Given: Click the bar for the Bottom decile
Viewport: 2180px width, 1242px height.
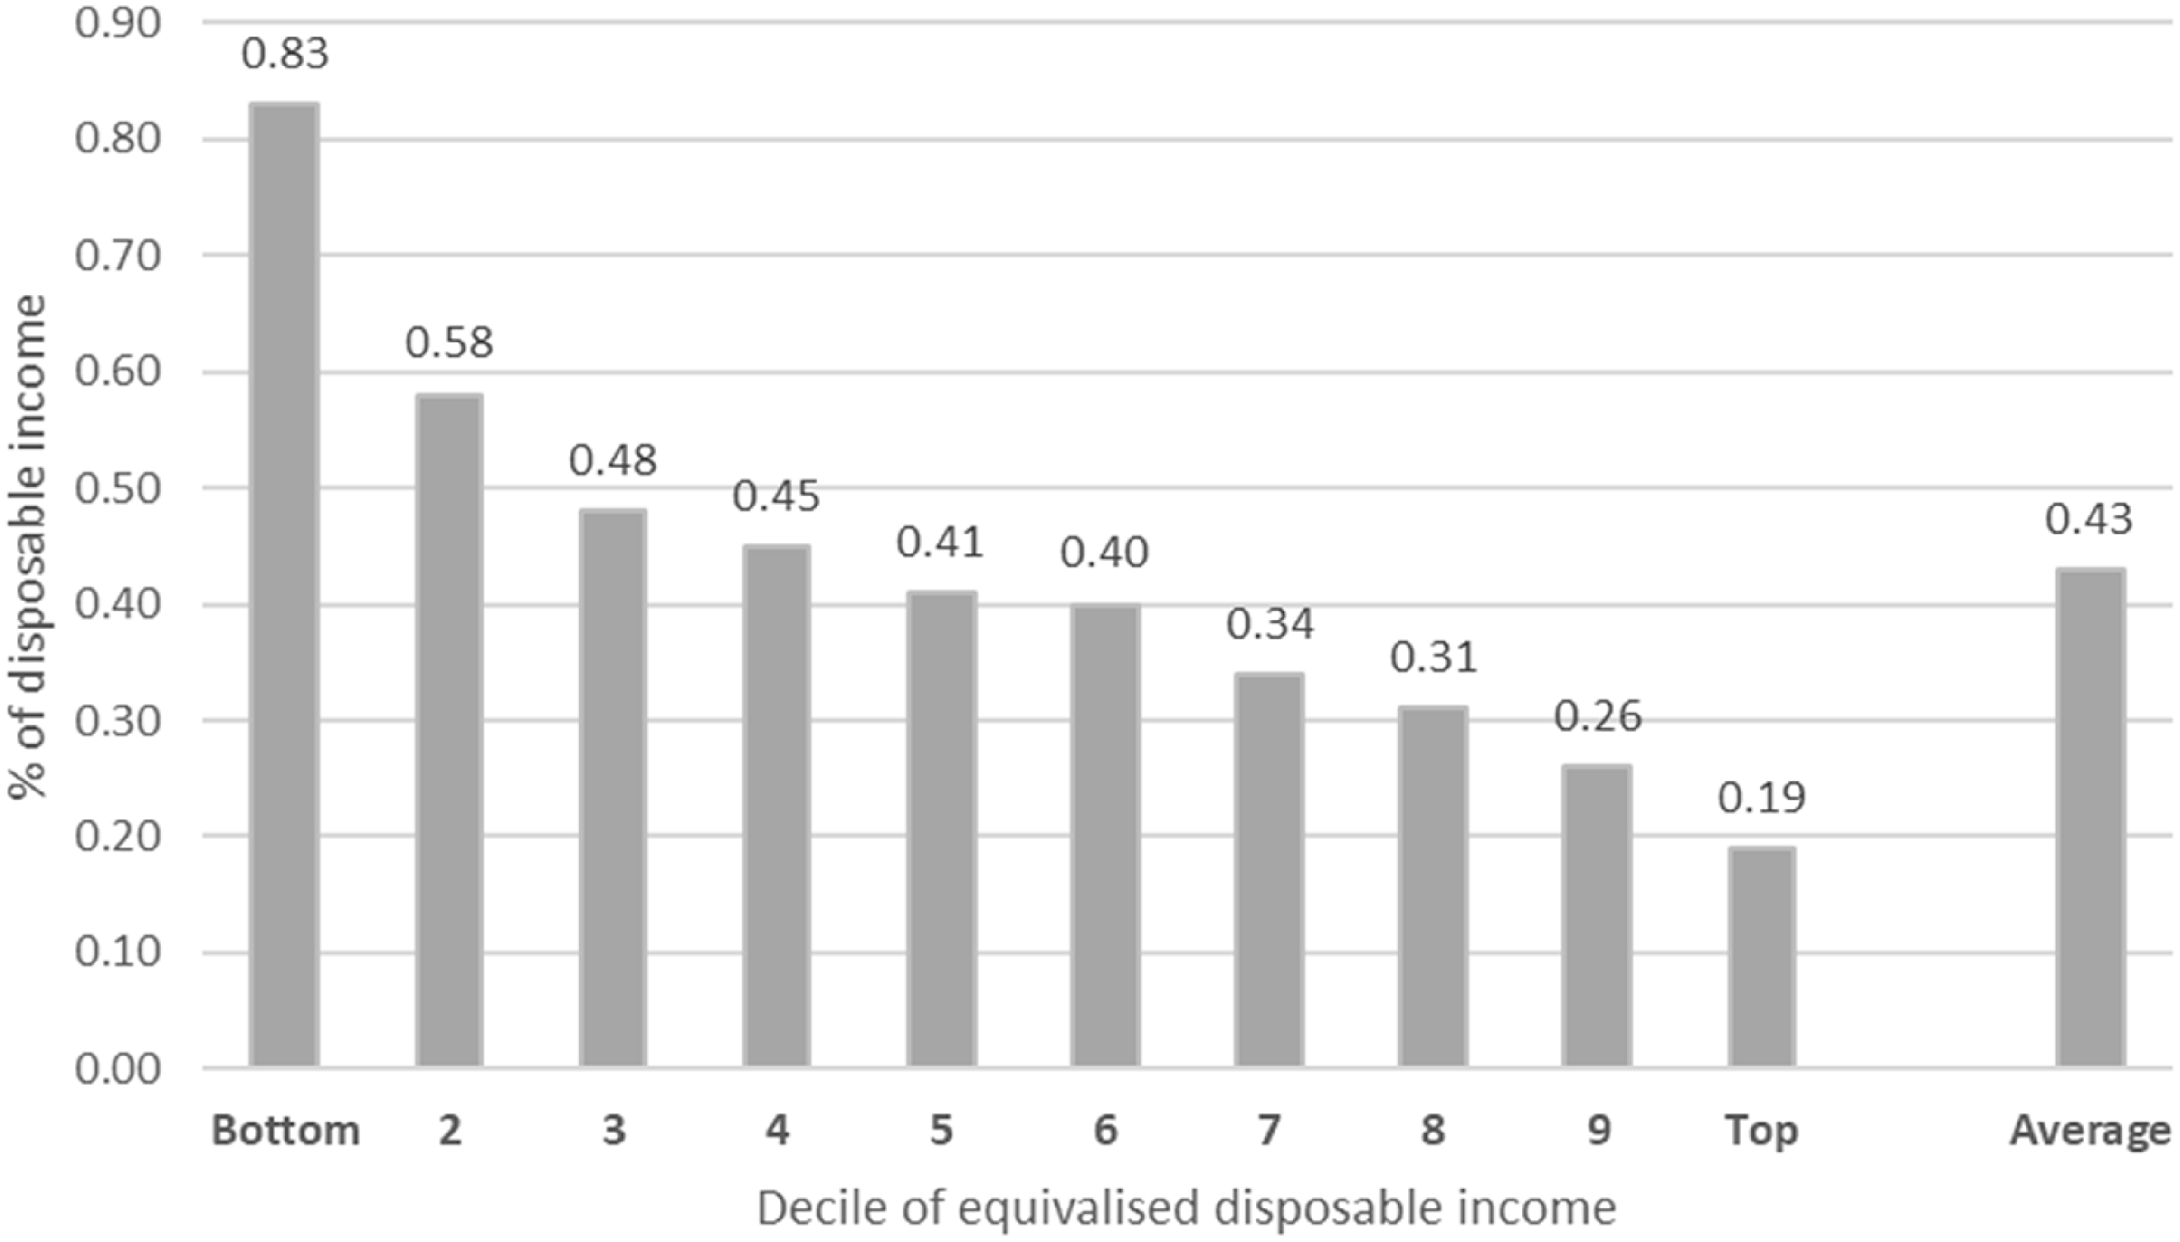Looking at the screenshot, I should coord(285,585).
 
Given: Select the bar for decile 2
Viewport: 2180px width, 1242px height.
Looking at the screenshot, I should coord(449,730).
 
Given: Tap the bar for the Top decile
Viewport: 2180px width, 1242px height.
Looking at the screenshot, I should coord(1762,956).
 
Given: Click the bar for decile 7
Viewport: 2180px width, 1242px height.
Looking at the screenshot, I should coord(1269,869).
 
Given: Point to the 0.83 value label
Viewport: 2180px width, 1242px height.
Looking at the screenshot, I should coord(285,54).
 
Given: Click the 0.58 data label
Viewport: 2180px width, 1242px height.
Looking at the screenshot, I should coord(449,343).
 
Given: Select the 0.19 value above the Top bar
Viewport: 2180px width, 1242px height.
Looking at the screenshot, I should coord(1762,798).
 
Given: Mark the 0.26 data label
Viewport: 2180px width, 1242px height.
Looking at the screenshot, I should coord(1597,717).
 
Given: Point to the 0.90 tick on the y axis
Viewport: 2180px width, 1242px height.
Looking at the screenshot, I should coord(117,23).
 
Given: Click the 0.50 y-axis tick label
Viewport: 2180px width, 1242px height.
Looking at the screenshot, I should coord(117,489).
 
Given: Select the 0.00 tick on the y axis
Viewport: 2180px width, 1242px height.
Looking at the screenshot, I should coord(117,1068).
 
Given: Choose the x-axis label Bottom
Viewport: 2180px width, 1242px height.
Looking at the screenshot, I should coord(285,1131).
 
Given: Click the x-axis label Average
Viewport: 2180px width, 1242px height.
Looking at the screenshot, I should coord(2090,1131).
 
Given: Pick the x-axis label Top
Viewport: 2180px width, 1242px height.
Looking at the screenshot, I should coord(1762,1131).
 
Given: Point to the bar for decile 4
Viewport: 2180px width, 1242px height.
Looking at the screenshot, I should coord(776,806).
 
